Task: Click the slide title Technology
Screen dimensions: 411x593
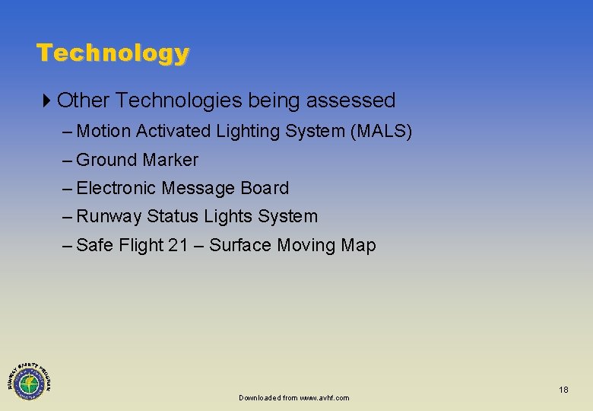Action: point(113,53)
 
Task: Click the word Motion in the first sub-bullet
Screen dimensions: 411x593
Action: point(104,132)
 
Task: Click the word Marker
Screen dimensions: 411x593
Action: point(170,160)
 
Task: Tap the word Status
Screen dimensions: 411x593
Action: point(171,217)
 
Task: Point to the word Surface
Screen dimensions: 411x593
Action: point(240,245)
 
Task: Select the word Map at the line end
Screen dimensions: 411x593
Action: point(358,245)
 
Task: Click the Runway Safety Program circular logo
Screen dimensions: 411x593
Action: point(29,378)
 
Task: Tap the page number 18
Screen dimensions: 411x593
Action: point(563,390)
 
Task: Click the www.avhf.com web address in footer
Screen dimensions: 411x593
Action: point(325,398)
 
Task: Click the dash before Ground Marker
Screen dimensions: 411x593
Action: point(68,161)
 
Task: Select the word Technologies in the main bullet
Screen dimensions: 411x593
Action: point(179,100)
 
